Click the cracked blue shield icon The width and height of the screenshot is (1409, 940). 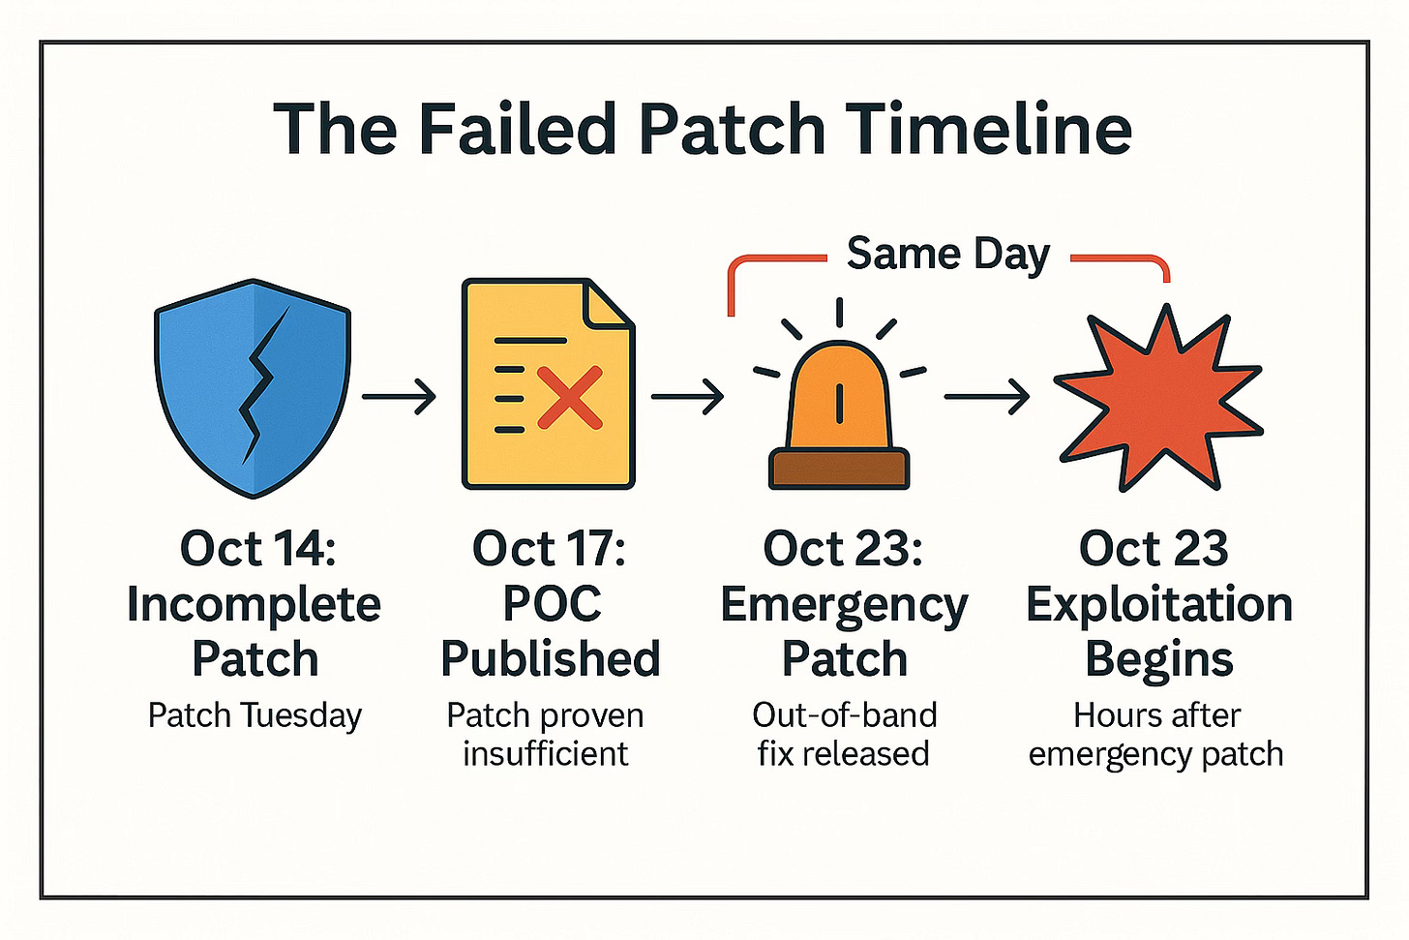[x=253, y=387]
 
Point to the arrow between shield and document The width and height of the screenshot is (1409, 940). [x=399, y=397]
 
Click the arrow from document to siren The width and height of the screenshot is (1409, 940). [x=687, y=397]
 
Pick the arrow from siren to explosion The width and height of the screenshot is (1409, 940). [x=986, y=397]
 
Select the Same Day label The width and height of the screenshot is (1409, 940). [x=947, y=255]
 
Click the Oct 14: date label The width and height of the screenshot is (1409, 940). [x=257, y=549]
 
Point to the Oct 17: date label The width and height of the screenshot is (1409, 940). [x=549, y=549]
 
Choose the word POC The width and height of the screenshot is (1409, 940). [x=552, y=604]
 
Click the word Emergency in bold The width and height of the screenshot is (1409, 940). [x=844, y=606]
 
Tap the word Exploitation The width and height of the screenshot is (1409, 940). [x=1158, y=604]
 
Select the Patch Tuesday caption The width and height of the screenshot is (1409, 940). [x=255, y=715]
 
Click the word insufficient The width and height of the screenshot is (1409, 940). [x=546, y=753]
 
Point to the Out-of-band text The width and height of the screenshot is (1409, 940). [x=844, y=715]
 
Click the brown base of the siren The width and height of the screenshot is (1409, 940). [x=839, y=469]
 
